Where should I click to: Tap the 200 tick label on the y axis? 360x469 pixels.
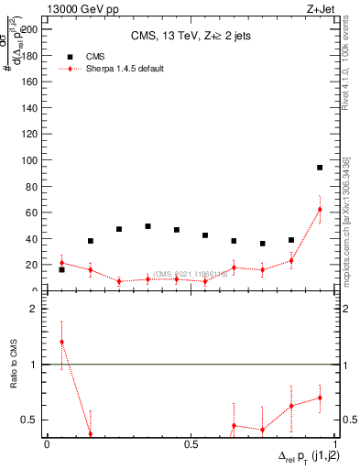click(x=30, y=29)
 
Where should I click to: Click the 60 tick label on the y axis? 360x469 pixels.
click(x=33, y=213)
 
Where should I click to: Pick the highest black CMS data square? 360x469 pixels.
click(x=320, y=168)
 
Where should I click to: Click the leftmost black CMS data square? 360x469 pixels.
click(x=61, y=269)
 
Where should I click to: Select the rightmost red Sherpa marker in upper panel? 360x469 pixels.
click(x=320, y=209)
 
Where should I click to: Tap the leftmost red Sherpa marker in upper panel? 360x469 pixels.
click(x=61, y=263)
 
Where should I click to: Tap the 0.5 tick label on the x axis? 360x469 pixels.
click(x=191, y=444)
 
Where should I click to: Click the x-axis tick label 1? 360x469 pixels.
click(x=334, y=444)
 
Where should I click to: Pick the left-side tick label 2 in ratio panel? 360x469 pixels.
click(x=33, y=309)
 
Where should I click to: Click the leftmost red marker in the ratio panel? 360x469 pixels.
click(x=61, y=343)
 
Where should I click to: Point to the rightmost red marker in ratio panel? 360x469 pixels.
click(x=320, y=398)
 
